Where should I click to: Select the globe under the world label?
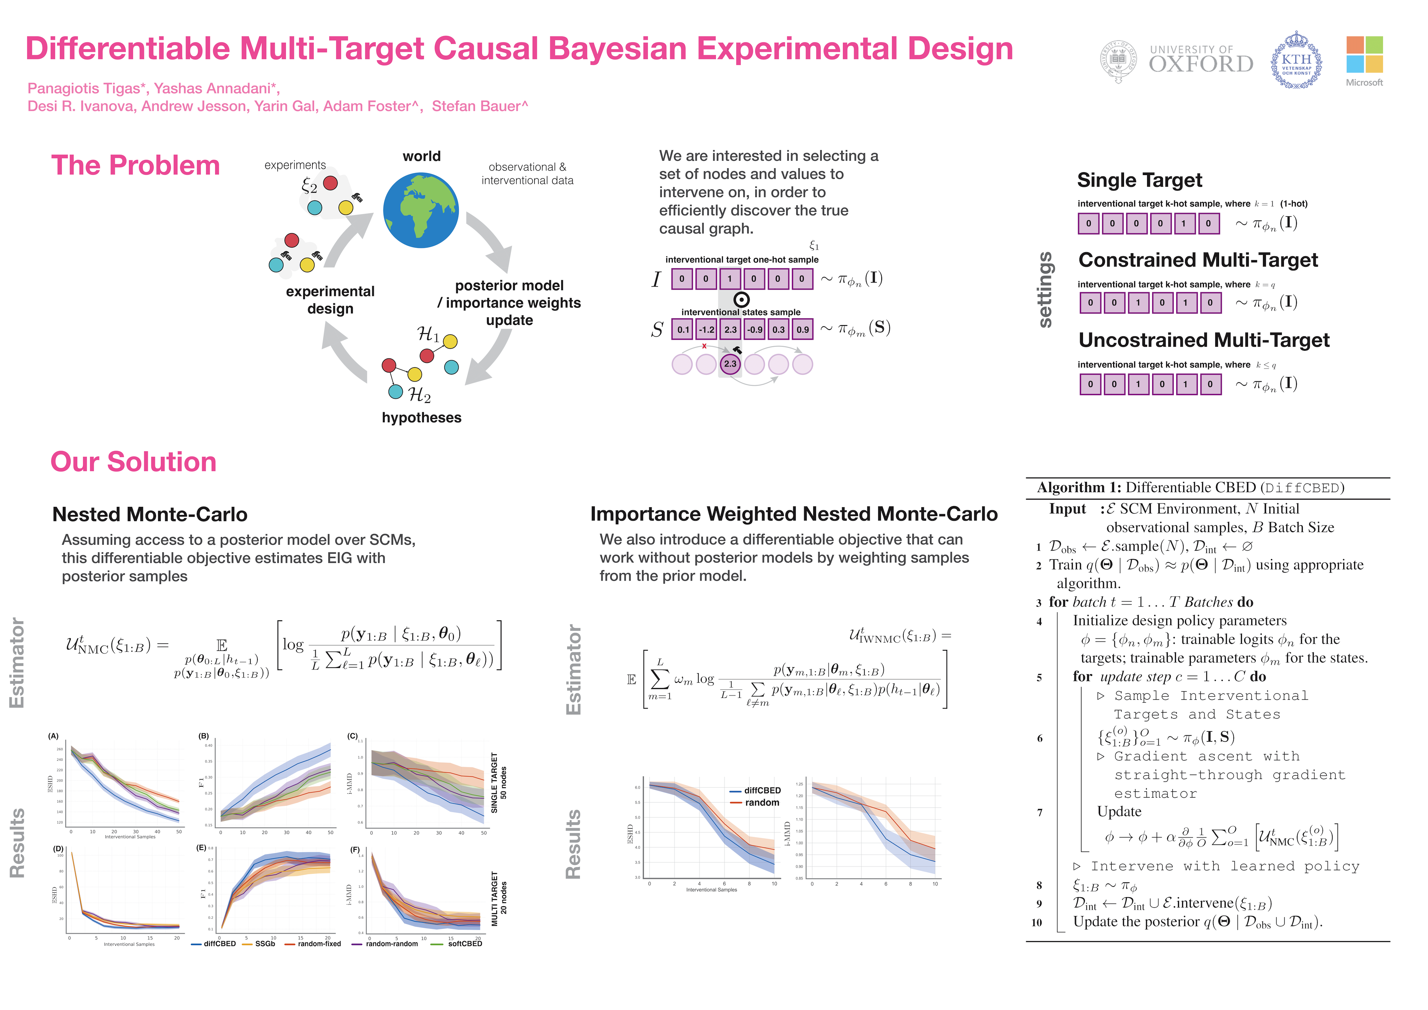pos(421,210)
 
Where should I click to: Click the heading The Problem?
pos(136,166)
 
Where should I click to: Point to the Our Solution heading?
pos(133,462)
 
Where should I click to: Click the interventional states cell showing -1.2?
pos(707,330)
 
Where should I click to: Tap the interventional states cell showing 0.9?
pos(803,330)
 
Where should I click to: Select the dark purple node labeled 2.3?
pos(730,364)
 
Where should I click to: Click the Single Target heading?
pos(1139,180)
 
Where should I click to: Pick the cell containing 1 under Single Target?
pos(1184,223)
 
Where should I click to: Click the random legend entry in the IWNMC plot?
pos(761,803)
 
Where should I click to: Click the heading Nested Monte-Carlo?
pos(150,514)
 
